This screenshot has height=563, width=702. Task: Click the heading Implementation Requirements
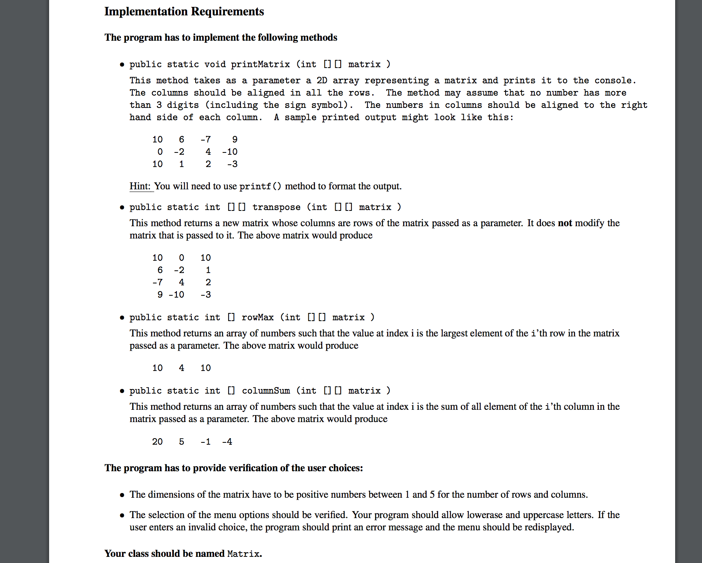184,12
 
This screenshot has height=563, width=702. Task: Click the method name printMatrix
260,64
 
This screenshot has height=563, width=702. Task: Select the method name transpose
276,207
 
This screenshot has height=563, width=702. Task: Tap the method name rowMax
257,317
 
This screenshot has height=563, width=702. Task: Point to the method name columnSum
265,391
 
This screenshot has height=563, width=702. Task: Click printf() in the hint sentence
260,186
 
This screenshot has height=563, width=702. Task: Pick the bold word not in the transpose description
565,223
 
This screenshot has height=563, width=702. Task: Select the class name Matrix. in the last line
244,554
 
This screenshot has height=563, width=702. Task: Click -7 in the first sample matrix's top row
206,139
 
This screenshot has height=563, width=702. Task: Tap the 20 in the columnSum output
157,442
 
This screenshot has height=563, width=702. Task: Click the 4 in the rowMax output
181,368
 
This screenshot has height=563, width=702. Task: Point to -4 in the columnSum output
227,442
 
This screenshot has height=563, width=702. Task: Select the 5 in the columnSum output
181,442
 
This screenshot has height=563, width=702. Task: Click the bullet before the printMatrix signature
122,65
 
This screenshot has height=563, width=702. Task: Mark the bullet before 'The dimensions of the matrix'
122,495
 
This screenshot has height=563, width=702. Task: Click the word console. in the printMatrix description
615,81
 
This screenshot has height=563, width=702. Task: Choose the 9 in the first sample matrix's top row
235,139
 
